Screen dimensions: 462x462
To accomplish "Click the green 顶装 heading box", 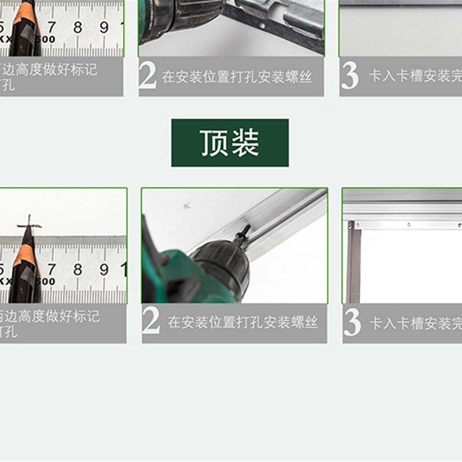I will [x=230, y=143].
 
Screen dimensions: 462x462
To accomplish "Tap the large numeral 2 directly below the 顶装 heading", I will [x=151, y=322].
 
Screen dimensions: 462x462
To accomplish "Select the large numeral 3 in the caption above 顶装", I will [x=350, y=76].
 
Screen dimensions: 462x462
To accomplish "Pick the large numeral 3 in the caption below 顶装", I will [x=352, y=322].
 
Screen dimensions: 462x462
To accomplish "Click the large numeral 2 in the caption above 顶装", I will [x=148, y=76].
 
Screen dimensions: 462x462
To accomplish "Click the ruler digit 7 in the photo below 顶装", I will [x=51, y=269].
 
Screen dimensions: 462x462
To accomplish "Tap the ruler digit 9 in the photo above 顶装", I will [x=104, y=27].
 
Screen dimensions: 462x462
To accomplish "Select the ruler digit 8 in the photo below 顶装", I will [x=77, y=269].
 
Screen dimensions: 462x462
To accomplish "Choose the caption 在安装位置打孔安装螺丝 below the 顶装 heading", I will [x=243, y=323].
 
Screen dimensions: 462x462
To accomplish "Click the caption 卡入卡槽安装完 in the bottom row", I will [x=416, y=323].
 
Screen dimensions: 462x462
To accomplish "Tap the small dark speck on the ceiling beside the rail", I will [x=187, y=205].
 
